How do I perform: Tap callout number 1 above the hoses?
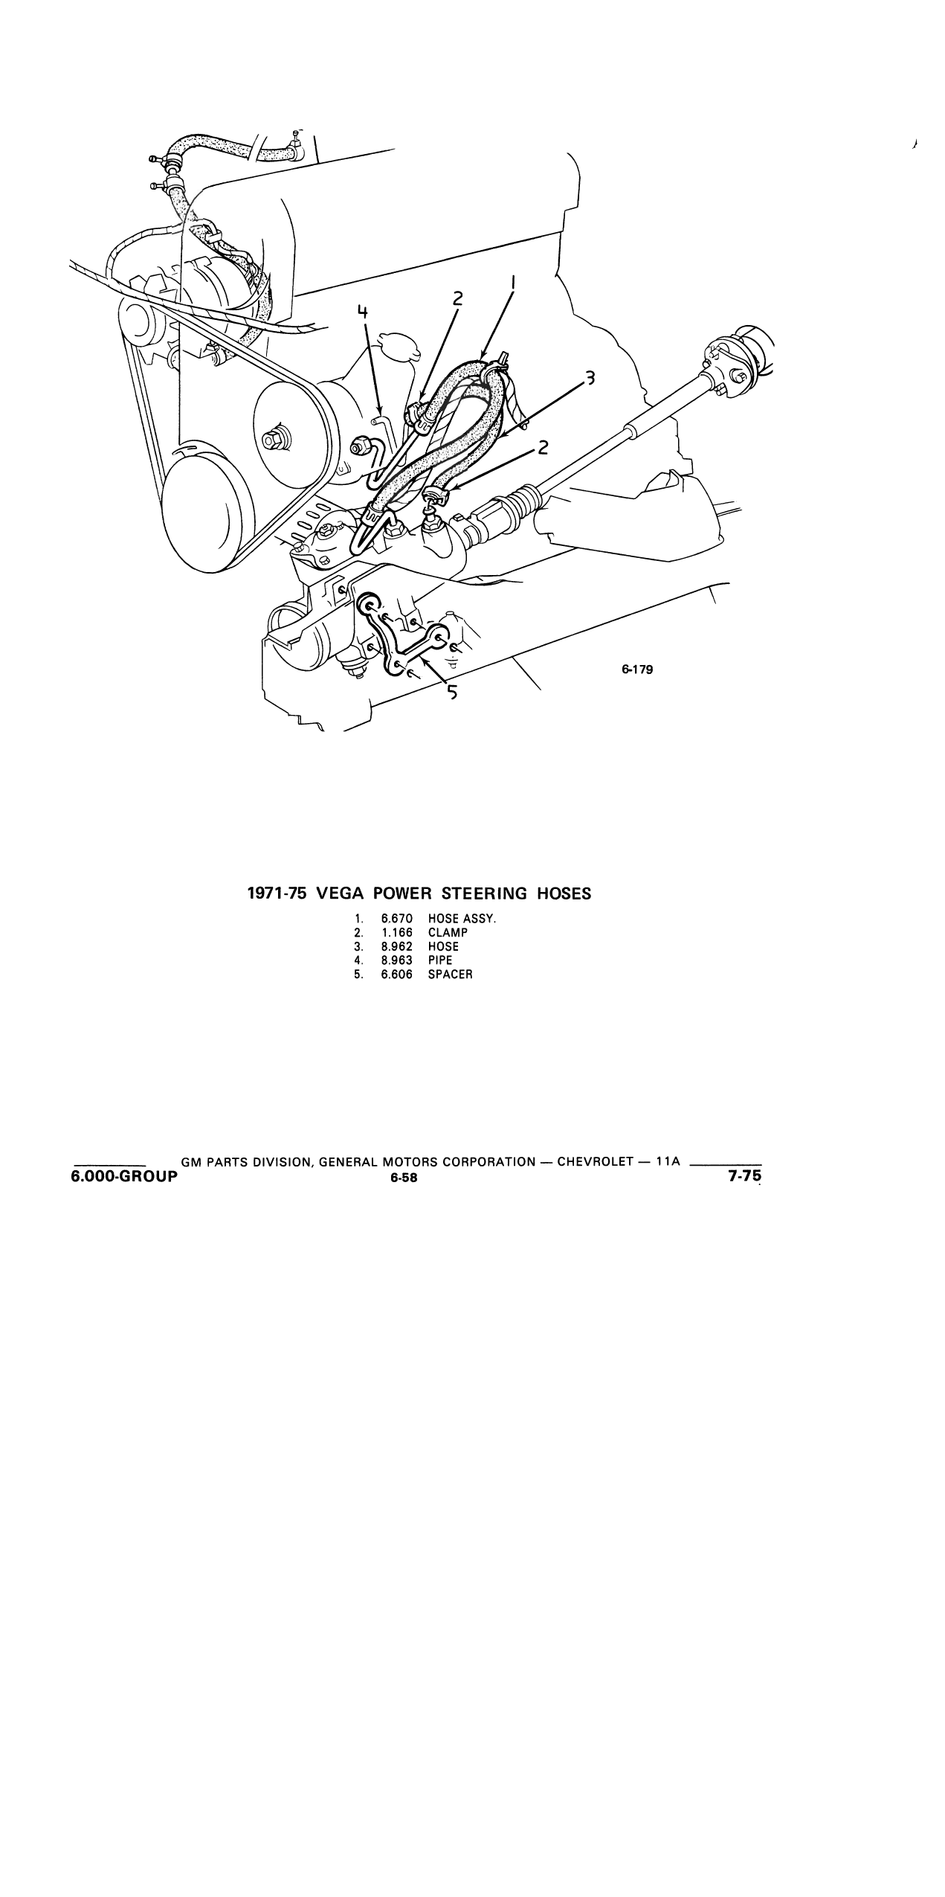pyautogui.click(x=514, y=283)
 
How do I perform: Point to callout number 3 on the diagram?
pyautogui.click(x=590, y=379)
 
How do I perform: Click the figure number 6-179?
pyautogui.click(x=637, y=670)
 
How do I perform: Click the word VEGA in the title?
pyautogui.click(x=338, y=893)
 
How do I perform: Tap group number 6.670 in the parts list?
pyautogui.click(x=396, y=919)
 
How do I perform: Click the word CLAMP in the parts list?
pyautogui.click(x=448, y=933)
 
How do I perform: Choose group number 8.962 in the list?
pyautogui.click(x=396, y=947)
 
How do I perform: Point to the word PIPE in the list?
pyautogui.click(x=440, y=960)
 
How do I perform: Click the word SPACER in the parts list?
pyautogui.click(x=450, y=975)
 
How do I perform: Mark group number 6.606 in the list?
pyautogui.click(x=396, y=975)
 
